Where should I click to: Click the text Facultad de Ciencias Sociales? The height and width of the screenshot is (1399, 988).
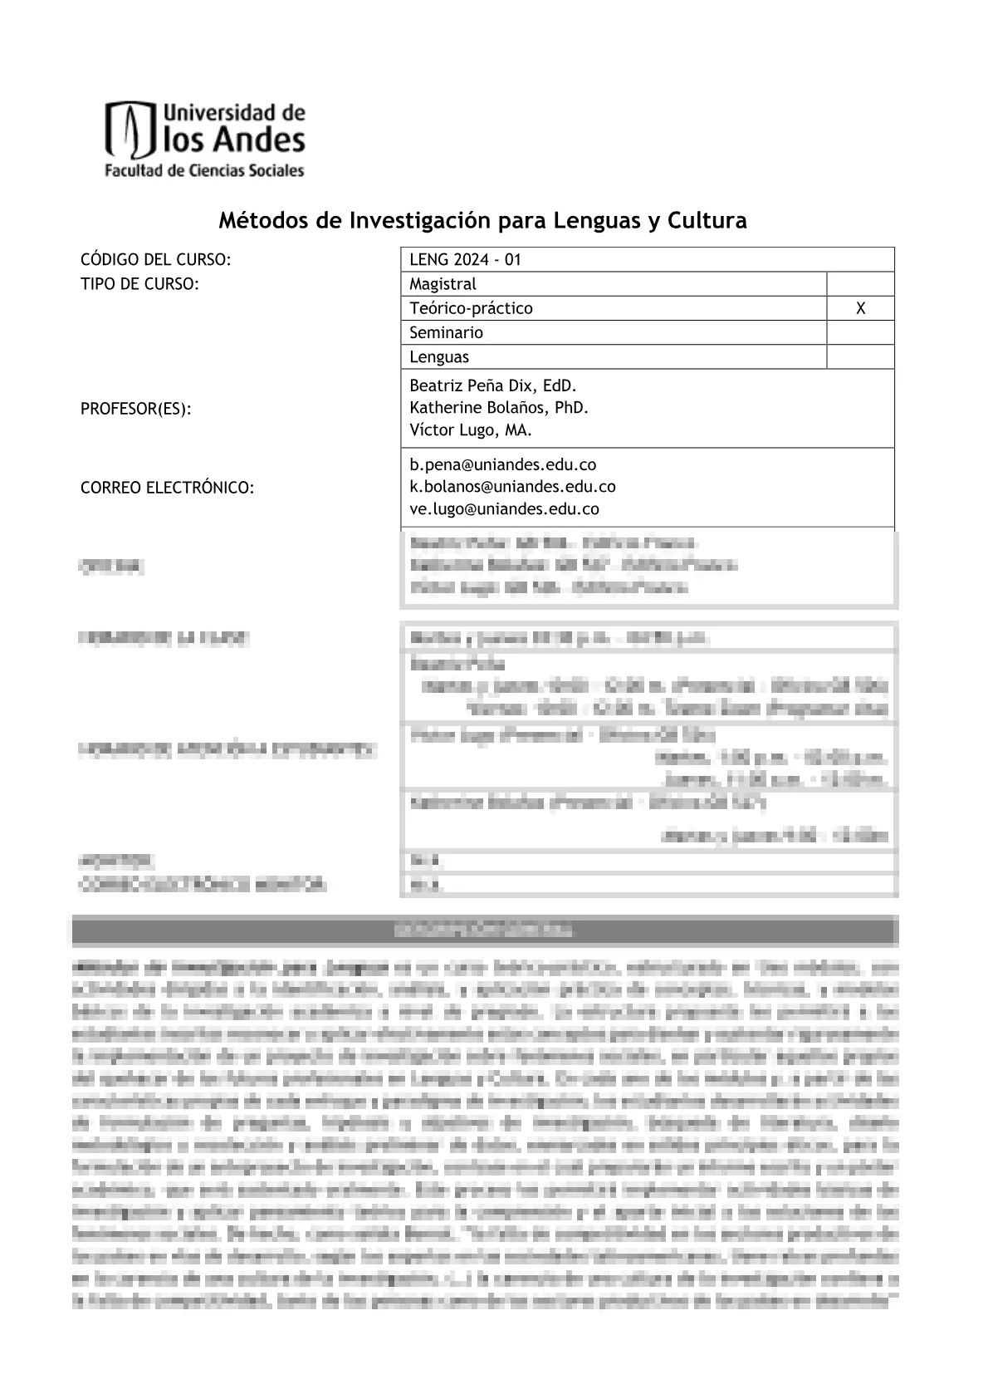(x=203, y=171)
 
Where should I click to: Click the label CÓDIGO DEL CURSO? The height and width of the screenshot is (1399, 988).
(x=155, y=260)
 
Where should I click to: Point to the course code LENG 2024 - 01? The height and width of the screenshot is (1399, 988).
(x=465, y=260)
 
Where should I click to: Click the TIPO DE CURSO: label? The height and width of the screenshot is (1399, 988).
(x=139, y=284)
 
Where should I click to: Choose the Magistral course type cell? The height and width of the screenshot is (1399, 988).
(x=443, y=284)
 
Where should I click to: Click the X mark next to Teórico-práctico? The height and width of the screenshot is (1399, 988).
(x=860, y=308)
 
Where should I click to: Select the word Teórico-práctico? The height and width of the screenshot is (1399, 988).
(x=471, y=308)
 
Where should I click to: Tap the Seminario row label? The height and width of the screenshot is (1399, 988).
(x=446, y=332)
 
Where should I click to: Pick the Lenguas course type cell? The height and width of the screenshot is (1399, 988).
(x=439, y=357)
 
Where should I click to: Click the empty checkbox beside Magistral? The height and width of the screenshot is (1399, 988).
(x=860, y=284)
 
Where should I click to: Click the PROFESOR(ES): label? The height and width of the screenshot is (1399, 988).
(x=135, y=409)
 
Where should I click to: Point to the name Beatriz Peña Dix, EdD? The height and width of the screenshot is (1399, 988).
(x=492, y=386)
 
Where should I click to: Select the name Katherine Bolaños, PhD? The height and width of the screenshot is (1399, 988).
(x=499, y=408)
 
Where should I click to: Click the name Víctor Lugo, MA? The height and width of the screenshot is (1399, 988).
(x=471, y=430)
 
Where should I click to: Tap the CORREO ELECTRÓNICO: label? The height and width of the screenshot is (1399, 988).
(x=167, y=488)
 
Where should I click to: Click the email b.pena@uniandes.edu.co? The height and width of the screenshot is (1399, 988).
(x=503, y=465)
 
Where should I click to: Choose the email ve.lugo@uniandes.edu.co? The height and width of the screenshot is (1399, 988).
(x=504, y=509)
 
